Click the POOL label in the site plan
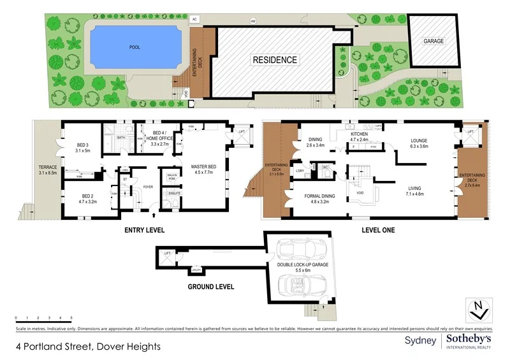pyautogui.click(x=134, y=47)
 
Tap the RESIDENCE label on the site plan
pyautogui.click(x=275, y=60)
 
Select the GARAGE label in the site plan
pyautogui.click(x=433, y=41)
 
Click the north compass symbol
pyautogui.click(x=479, y=309)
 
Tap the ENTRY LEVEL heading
pyautogui.click(x=144, y=229)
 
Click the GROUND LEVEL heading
pyautogui.click(x=210, y=287)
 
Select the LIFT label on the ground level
pyautogui.click(x=168, y=254)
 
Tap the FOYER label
pyautogui.click(x=149, y=187)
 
